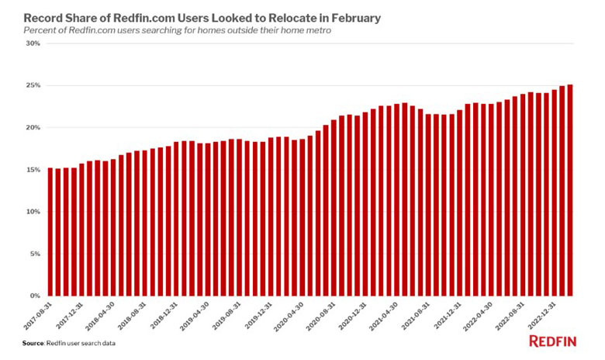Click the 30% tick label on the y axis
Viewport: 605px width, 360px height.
[33, 43]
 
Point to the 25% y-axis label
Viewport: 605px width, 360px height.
[33, 85]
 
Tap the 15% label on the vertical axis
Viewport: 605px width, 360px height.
[33, 169]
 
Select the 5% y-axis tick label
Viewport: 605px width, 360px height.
[34, 254]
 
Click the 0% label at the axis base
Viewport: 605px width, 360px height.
[34, 296]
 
